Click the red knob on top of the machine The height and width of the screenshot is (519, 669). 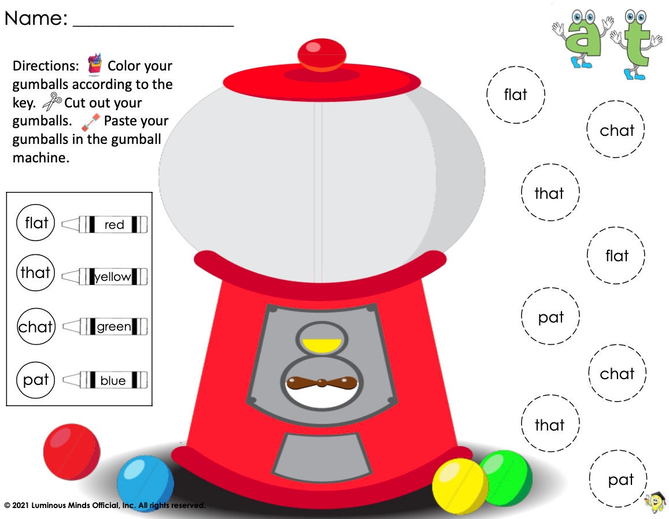click(x=321, y=54)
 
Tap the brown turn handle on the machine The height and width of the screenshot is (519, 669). click(x=321, y=383)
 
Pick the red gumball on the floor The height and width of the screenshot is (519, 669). click(x=72, y=451)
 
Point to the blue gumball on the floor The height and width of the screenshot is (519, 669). click(x=145, y=483)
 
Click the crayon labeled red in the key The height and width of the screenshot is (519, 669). click(x=105, y=224)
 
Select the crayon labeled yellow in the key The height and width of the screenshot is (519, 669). click(x=105, y=277)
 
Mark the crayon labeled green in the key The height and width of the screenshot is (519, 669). click(x=105, y=327)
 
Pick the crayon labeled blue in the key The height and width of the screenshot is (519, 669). click(x=105, y=380)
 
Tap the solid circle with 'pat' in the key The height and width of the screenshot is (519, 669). click(x=36, y=380)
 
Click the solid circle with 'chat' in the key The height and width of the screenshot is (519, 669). click(x=36, y=327)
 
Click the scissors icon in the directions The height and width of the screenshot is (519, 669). click(x=52, y=103)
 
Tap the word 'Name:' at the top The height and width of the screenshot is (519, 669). click(x=36, y=18)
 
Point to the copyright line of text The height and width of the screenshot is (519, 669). click(x=105, y=506)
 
